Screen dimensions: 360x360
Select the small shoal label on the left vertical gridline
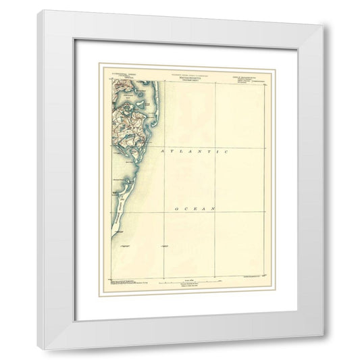(163, 245)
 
